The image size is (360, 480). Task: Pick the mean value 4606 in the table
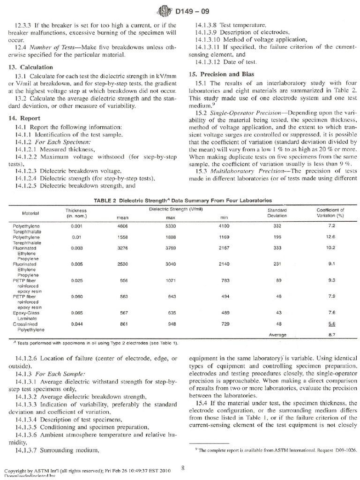[x=122, y=226]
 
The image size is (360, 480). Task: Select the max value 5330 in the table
[x=171, y=226]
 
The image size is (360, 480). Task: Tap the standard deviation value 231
[x=274, y=277]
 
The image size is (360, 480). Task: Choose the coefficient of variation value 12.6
[x=327, y=237]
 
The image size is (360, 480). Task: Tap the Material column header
[x=30, y=213]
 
